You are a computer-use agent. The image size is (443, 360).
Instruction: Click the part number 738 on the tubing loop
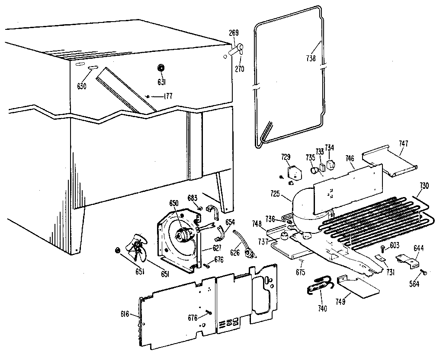(x=311, y=58)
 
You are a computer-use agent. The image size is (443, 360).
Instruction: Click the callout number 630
(x=82, y=86)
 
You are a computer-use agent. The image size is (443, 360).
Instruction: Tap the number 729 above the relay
(x=286, y=156)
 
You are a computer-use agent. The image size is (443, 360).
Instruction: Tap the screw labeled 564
(x=424, y=272)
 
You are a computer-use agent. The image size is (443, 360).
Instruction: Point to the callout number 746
(x=350, y=159)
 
